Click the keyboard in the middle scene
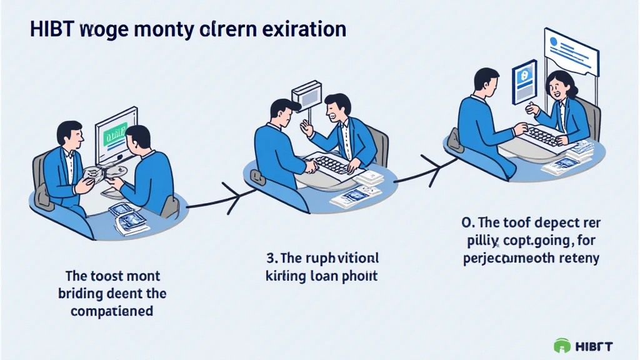tap(331, 164)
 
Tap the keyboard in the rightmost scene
tap(543, 135)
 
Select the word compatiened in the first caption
tap(113, 309)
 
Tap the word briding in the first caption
tap(82, 292)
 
